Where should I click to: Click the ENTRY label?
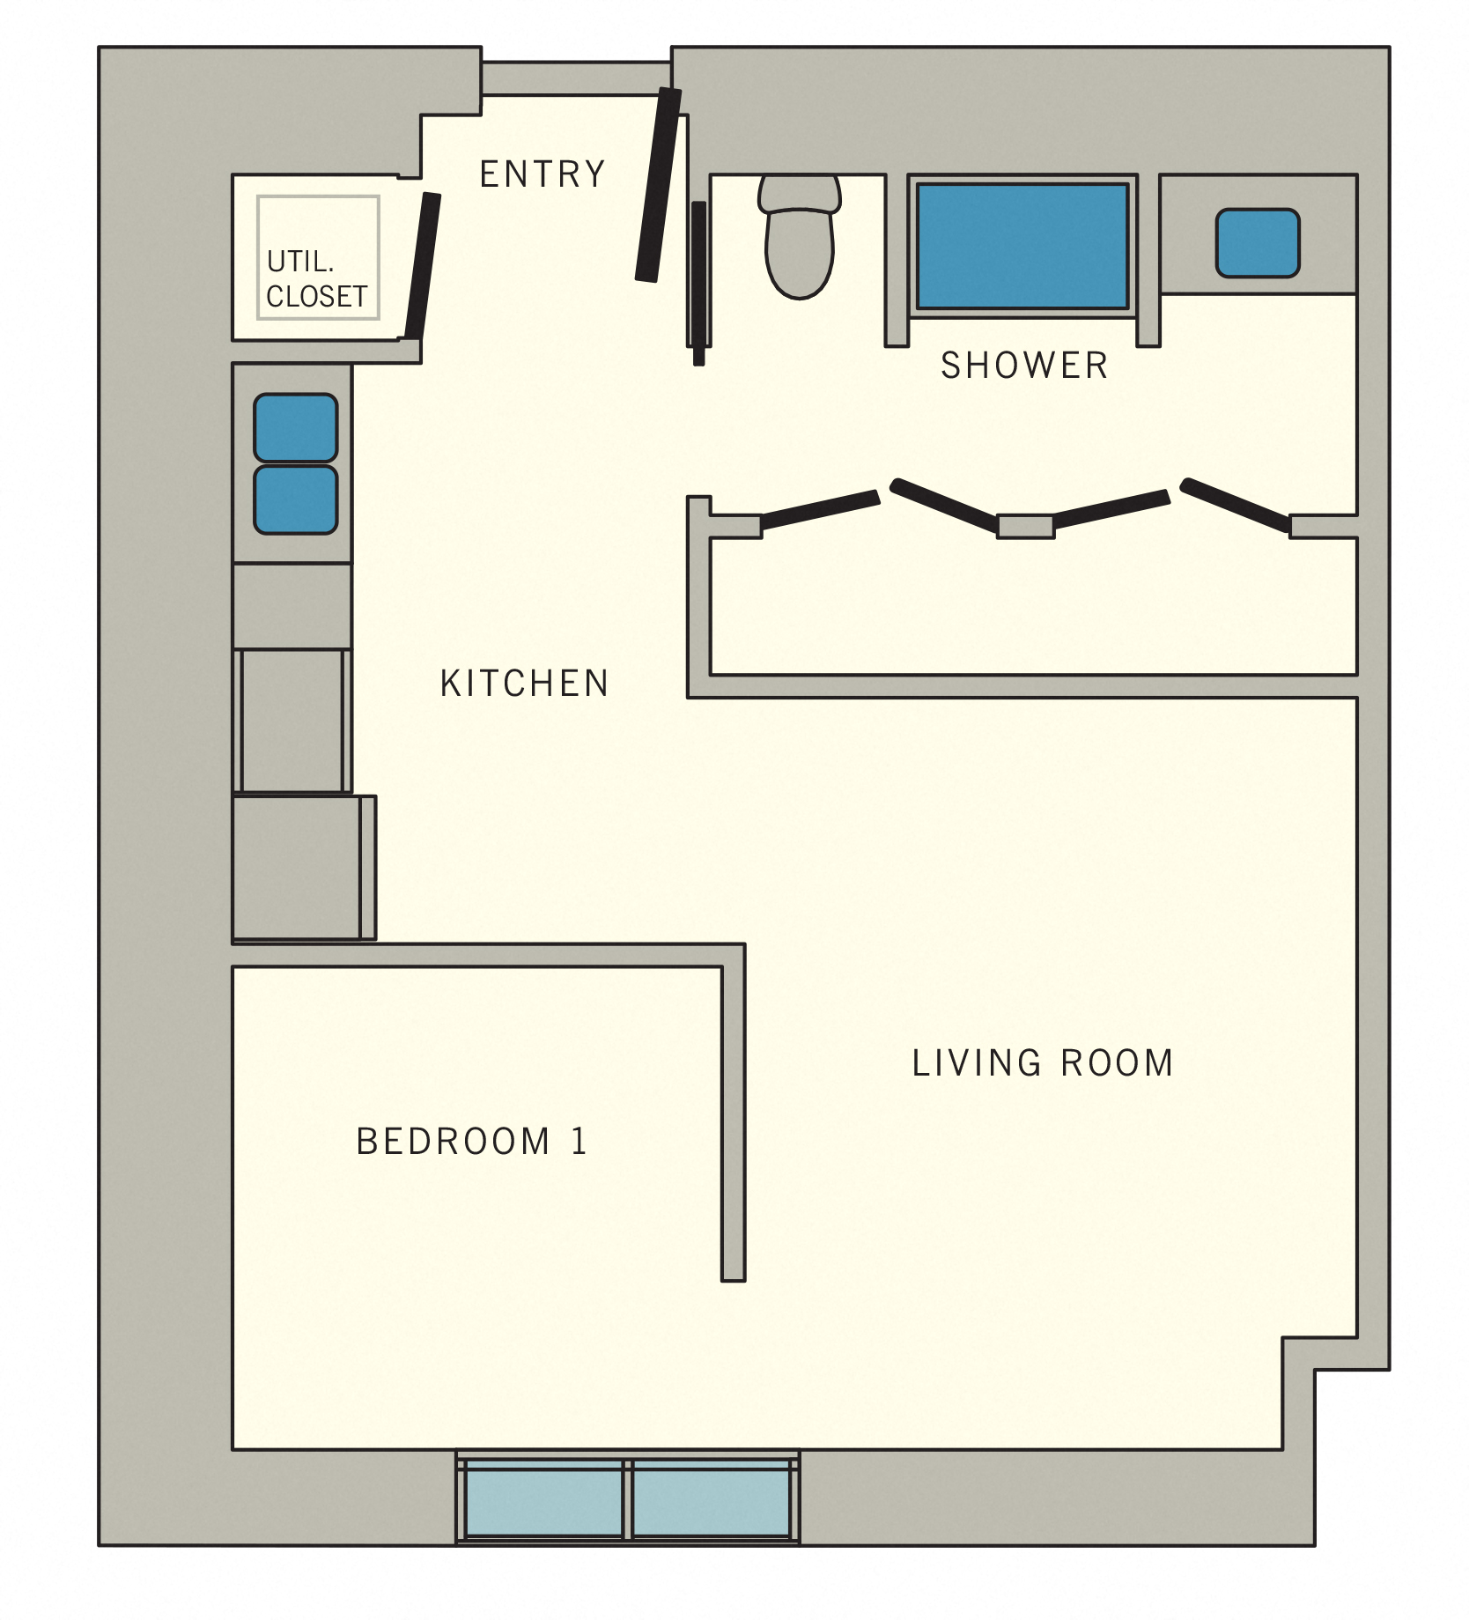click(543, 174)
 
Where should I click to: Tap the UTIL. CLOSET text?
click(316, 279)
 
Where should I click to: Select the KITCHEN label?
click(524, 684)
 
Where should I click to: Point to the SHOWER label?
click(1023, 366)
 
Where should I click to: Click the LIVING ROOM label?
click(1042, 1063)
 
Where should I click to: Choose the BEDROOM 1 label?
click(471, 1142)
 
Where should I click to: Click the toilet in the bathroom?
click(799, 238)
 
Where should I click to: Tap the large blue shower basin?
click(1022, 246)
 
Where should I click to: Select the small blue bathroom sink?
click(1257, 243)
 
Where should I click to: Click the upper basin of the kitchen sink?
click(295, 428)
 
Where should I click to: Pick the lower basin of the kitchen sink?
click(295, 500)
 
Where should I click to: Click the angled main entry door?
click(659, 185)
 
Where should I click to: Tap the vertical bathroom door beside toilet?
click(698, 282)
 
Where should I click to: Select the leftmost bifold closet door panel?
click(819, 510)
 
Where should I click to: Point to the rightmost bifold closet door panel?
click(1235, 505)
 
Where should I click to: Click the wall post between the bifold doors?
click(1025, 526)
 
